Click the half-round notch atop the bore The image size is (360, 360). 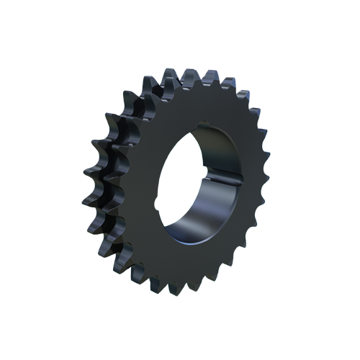(x=203, y=122)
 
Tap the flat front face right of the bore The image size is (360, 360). (x=241, y=187)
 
